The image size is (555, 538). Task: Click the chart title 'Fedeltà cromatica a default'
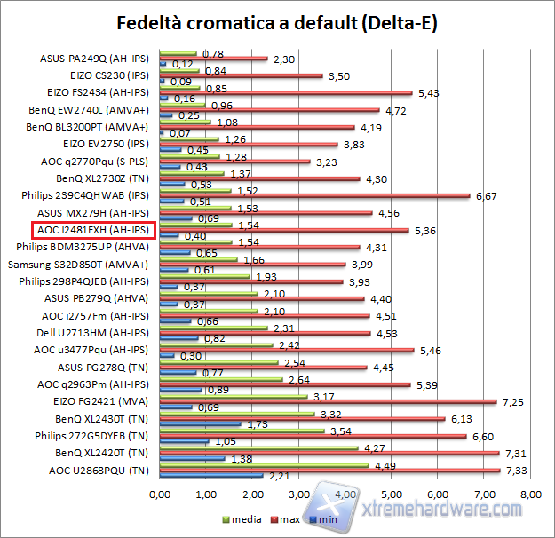[x=277, y=22]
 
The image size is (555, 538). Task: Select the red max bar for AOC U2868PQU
[x=329, y=470]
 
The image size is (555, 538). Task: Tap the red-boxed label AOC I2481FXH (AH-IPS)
[x=93, y=231]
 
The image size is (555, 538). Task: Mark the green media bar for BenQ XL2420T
[x=258, y=447]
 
